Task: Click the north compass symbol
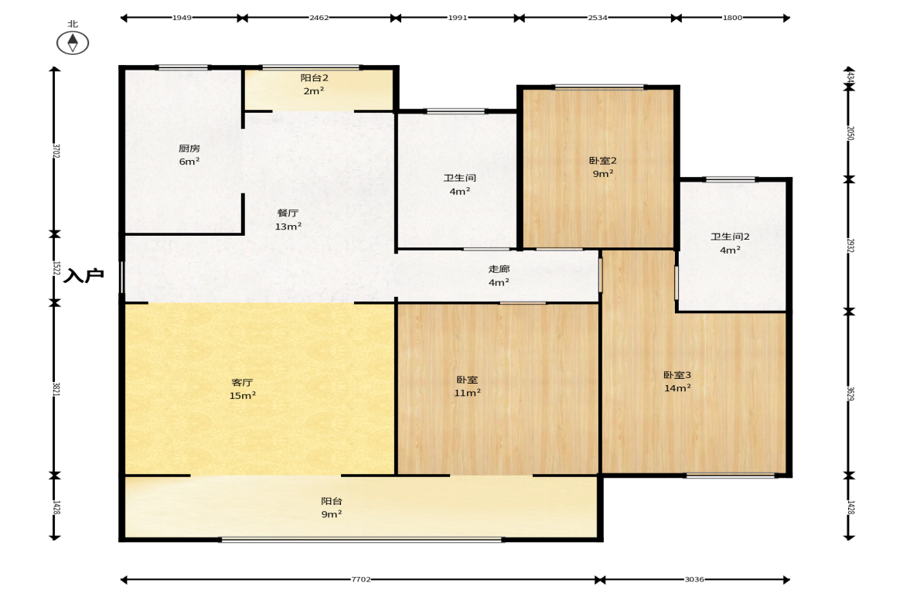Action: click(73, 43)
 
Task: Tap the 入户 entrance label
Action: click(84, 275)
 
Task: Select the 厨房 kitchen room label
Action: click(189, 148)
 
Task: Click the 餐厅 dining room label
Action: click(288, 213)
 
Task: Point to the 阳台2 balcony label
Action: click(315, 78)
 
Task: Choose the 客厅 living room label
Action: click(242, 383)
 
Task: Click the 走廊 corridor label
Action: click(499, 268)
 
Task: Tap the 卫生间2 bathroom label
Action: click(730, 237)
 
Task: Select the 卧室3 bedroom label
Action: click(677, 375)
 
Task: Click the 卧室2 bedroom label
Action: click(603, 161)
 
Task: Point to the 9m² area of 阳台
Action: click(332, 514)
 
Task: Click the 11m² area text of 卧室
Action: click(467, 393)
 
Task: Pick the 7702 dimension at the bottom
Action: click(360, 579)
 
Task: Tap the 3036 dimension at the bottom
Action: click(694, 579)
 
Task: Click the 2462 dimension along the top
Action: click(319, 18)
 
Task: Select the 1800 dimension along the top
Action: click(732, 18)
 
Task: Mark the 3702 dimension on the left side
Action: click(56, 151)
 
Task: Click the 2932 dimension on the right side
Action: click(850, 245)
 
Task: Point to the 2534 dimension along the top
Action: click(598, 18)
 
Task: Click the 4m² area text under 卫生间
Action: click(460, 191)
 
